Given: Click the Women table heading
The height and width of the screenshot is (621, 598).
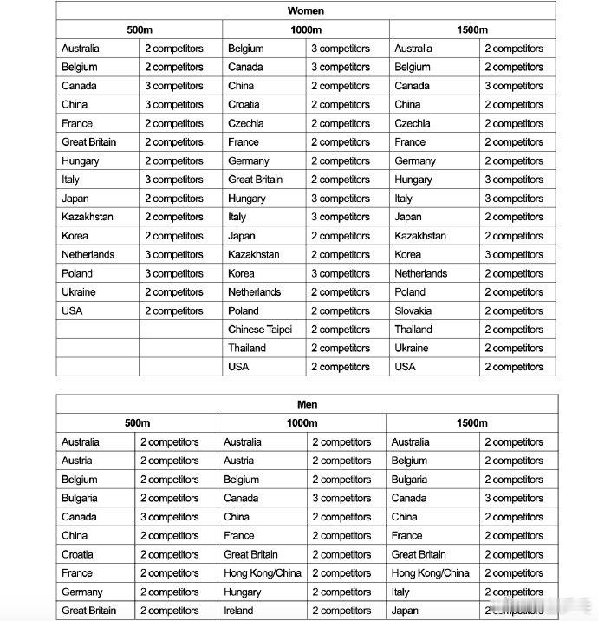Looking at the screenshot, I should point(306,11).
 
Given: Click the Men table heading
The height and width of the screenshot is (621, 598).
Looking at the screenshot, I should point(307,404).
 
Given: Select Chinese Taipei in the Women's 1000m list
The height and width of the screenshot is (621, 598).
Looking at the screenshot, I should point(260,330).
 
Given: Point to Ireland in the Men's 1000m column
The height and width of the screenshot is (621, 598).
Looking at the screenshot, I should point(238,611).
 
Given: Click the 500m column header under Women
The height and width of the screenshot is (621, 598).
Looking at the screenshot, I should point(140,30).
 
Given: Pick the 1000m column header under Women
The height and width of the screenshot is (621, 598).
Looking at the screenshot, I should point(306,30).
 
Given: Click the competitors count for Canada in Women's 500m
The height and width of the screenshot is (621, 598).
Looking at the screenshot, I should point(174,86).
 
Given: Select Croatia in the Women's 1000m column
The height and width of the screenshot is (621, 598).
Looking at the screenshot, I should point(244,104).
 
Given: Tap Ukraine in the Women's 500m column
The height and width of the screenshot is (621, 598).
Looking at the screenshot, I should point(79,292).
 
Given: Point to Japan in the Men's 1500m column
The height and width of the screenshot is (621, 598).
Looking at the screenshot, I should point(405,611).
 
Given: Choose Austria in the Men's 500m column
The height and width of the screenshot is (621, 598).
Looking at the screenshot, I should point(76,461).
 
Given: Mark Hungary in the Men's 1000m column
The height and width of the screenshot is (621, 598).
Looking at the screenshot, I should point(242,592).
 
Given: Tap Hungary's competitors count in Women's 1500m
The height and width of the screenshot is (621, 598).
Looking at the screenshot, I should point(514,180).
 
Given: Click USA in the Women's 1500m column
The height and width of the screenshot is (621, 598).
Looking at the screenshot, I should point(405,367).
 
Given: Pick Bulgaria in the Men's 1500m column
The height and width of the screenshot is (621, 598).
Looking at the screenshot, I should point(409,480).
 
